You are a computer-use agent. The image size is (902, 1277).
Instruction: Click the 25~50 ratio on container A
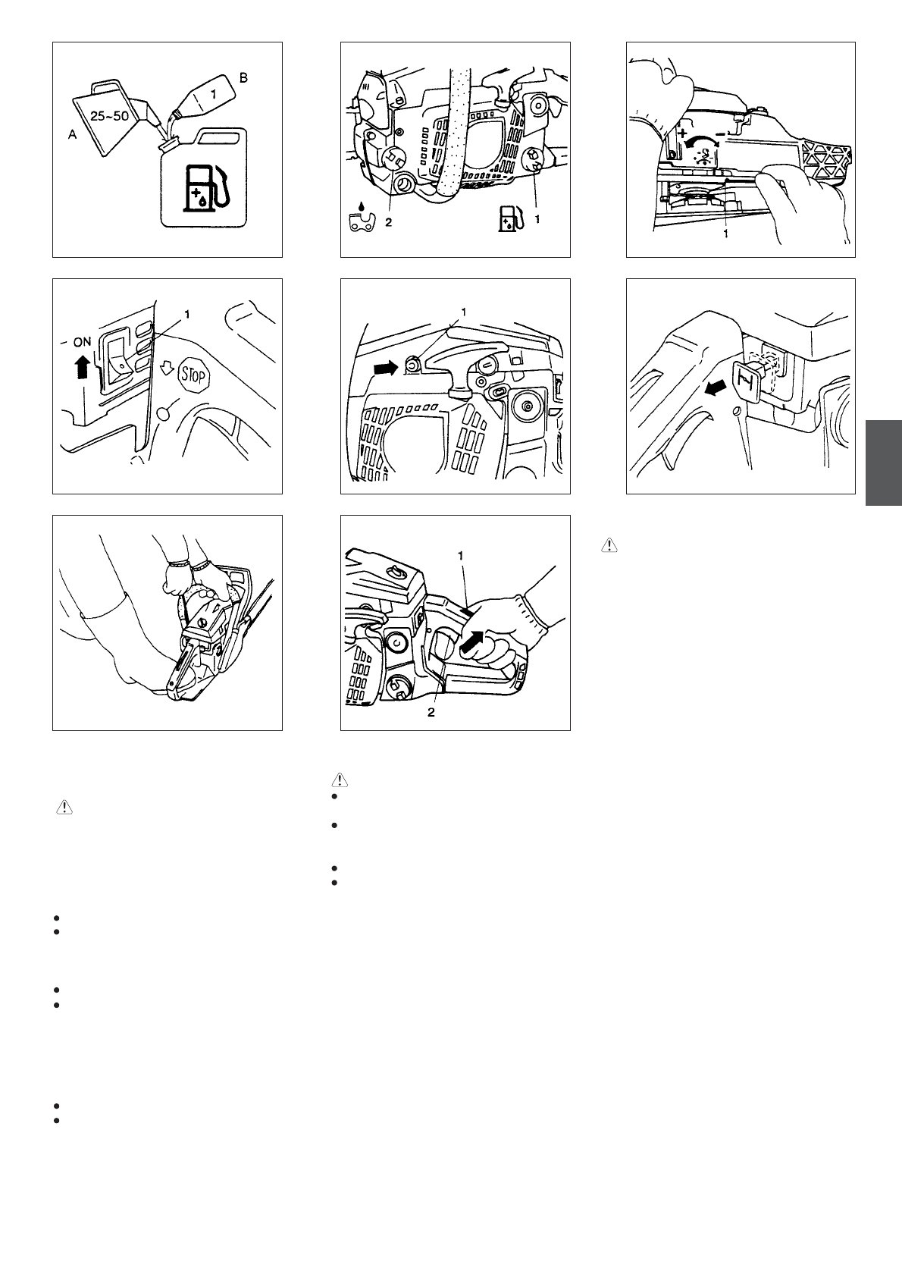109,116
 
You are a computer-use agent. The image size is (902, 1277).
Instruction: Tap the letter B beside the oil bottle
243,77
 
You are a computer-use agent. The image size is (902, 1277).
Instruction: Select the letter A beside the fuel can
72,134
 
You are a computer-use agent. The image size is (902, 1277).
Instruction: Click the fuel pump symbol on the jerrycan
204,187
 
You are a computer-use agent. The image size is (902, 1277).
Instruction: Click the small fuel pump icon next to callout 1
510,219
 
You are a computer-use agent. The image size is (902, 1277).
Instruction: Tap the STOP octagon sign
194,376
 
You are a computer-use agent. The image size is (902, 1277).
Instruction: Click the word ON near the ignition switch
82,342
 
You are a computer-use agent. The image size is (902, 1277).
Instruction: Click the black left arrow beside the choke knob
716,388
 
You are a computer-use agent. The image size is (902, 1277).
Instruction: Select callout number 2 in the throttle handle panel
431,712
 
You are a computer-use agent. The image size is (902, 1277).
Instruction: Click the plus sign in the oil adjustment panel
684,135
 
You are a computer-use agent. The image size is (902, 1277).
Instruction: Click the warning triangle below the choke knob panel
609,545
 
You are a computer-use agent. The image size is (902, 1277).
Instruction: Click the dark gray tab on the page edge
884,463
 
